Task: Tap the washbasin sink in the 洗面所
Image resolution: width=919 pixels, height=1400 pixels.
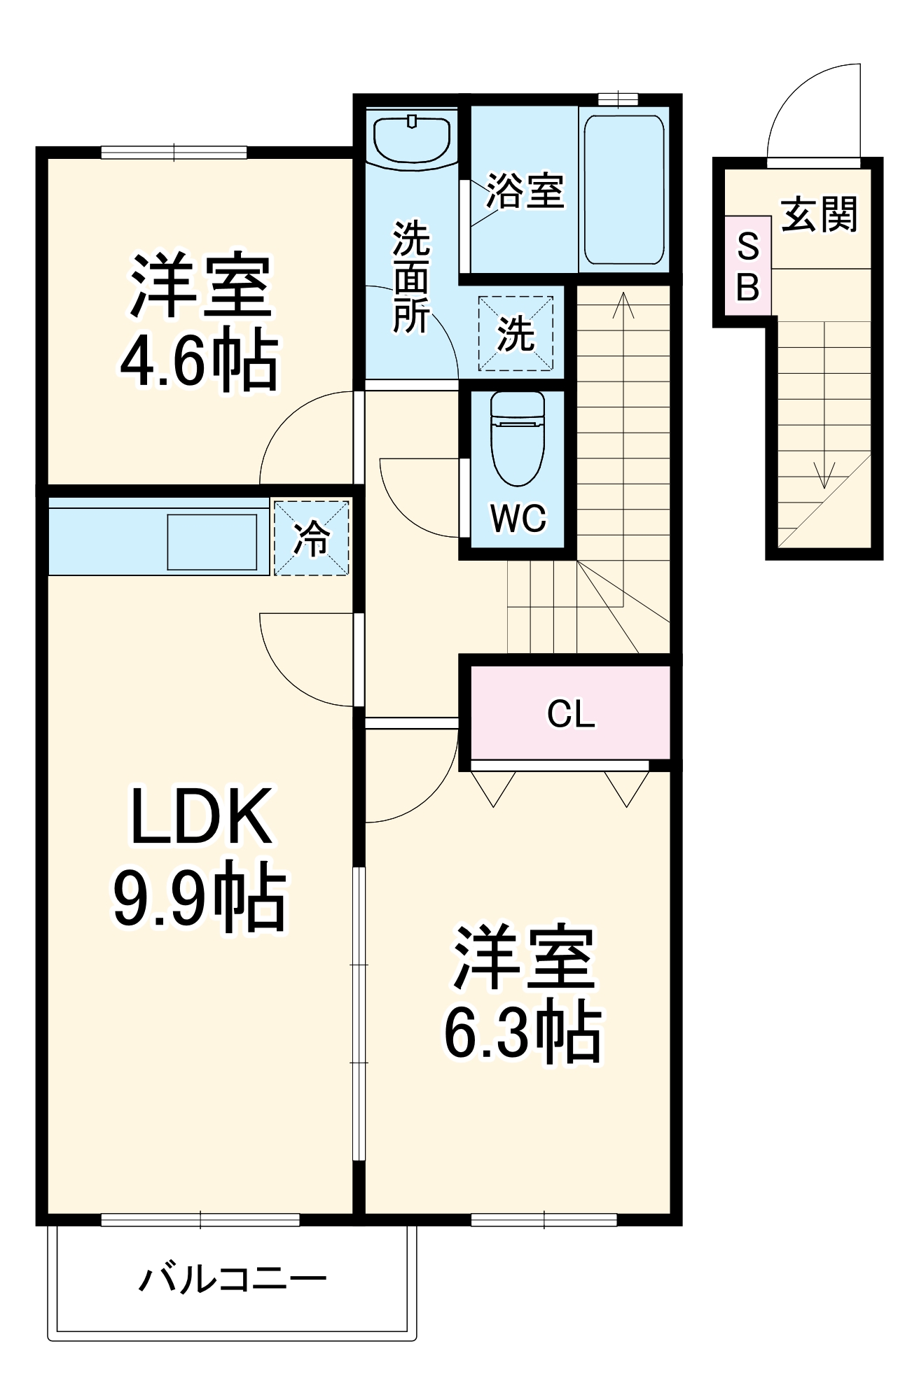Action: tap(412, 139)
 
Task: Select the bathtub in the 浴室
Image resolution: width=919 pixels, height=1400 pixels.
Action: tap(624, 189)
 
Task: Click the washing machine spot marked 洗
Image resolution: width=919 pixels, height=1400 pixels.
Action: tap(516, 334)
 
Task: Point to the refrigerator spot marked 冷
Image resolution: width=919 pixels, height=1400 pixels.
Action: tap(311, 538)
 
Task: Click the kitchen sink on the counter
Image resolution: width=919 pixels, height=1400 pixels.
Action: tap(212, 542)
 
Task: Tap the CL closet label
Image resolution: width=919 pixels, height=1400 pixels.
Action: tap(571, 714)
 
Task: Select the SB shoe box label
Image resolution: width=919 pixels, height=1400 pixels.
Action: tap(748, 267)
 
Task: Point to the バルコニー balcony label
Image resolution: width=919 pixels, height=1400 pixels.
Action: tap(233, 1280)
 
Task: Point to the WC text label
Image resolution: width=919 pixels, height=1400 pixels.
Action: tap(518, 519)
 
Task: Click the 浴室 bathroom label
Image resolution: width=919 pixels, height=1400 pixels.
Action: tap(525, 190)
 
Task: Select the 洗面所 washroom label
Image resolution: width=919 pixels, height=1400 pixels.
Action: tap(411, 277)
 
